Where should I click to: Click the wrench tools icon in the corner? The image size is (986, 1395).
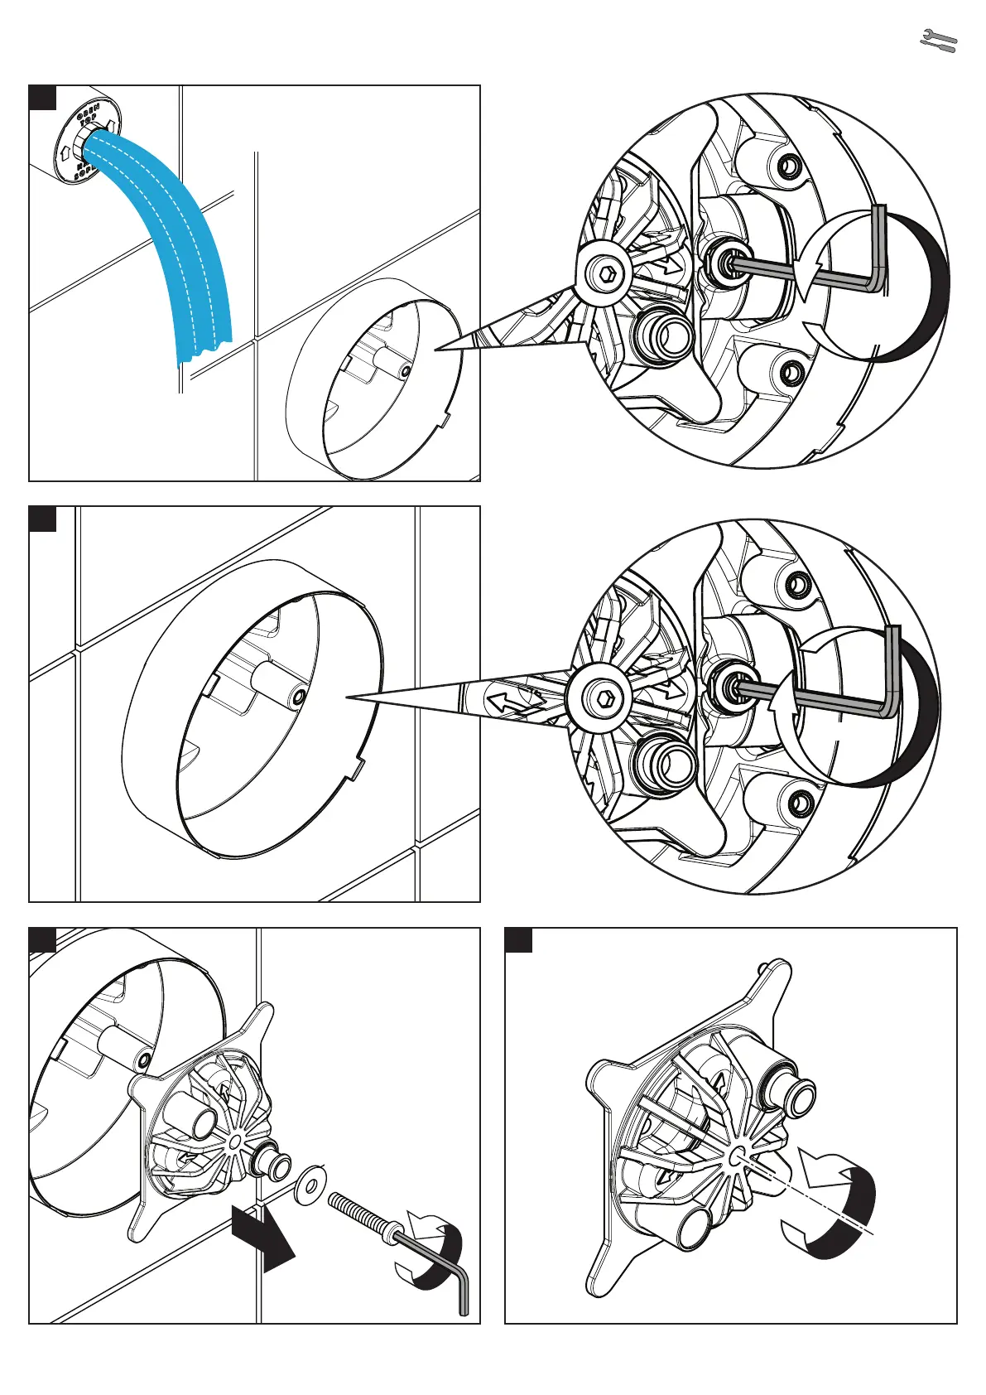(x=939, y=41)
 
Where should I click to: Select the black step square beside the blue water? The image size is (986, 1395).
(x=42, y=97)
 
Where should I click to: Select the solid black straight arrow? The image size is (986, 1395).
(x=263, y=1239)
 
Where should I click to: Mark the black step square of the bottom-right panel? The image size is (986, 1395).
(x=518, y=940)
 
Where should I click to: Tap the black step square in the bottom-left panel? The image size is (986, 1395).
(x=42, y=940)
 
